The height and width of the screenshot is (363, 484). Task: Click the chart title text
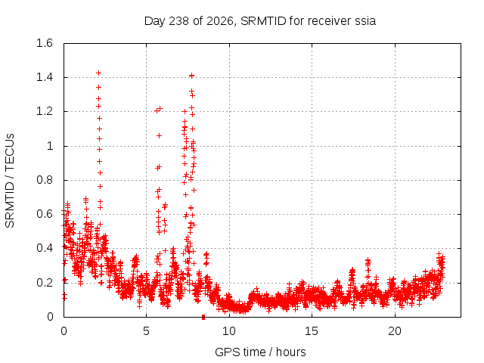pyautogui.click(x=260, y=21)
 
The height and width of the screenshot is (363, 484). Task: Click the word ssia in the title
pyautogui.click(x=365, y=21)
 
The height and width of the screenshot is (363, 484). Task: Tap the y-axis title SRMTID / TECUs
pyautogui.click(x=10, y=181)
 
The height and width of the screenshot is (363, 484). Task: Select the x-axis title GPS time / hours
pyautogui.click(x=260, y=352)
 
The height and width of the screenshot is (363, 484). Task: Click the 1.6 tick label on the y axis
pyautogui.click(x=45, y=43)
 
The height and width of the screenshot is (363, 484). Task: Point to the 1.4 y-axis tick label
pyautogui.click(x=45, y=77)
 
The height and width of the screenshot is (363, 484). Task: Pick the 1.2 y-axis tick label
pyautogui.click(x=45, y=111)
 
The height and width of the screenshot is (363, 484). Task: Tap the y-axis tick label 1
pyautogui.click(x=50, y=146)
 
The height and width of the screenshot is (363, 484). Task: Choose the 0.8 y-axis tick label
pyautogui.click(x=45, y=180)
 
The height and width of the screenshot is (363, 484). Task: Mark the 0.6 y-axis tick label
pyautogui.click(x=45, y=214)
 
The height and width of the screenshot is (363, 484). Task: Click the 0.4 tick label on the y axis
pyautogui.click(x=45, y=248)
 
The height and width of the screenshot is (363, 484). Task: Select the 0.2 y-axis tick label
pyautogui.click(x=45, y=282)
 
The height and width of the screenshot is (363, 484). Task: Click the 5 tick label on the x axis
pyautogui.click(x=146, y=331)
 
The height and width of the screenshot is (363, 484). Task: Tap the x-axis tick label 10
pyautogui.click(x=229, y=331)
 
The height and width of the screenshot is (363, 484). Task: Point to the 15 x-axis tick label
pyautogui.click(x=312, y=331)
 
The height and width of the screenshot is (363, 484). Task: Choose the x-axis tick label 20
pyautogui.click(x=395, y=331)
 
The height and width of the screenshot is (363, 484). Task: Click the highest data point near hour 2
pyautogui.click(x=99, y=73)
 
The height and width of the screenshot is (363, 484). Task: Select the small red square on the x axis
pyautogui.click(x=203, y=317)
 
